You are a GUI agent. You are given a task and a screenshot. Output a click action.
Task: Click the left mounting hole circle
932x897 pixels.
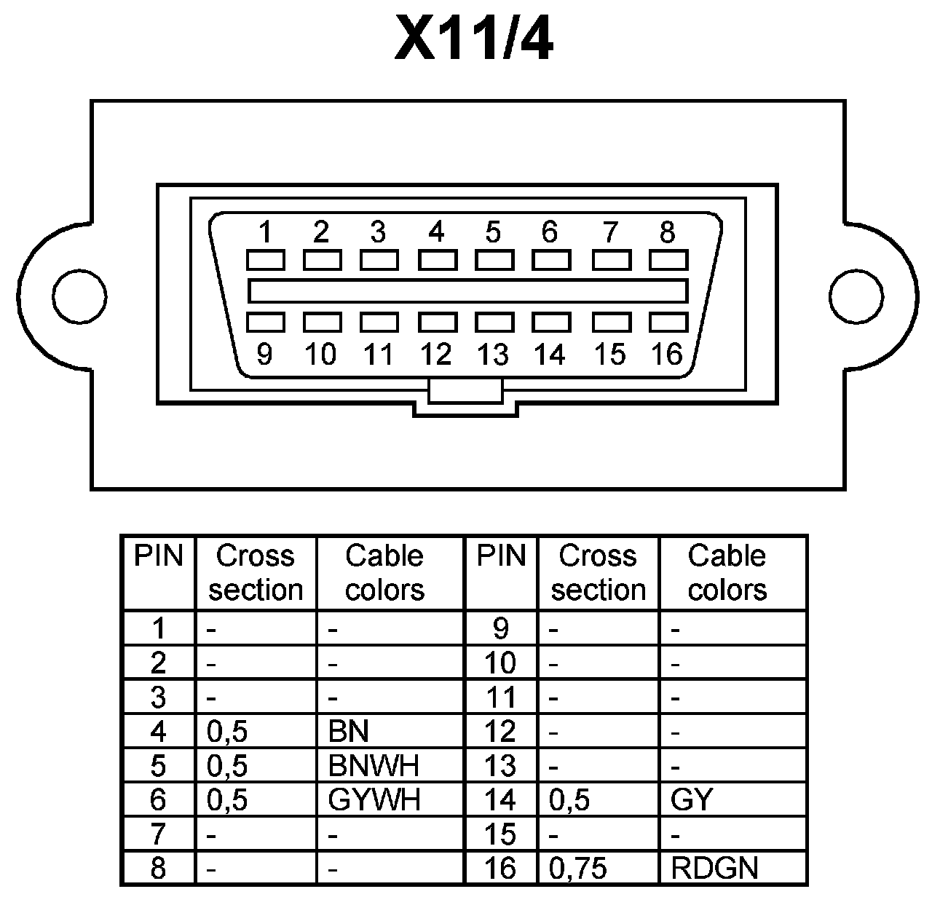point(79,296)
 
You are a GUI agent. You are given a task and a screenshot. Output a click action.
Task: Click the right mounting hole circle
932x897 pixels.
point(856,296)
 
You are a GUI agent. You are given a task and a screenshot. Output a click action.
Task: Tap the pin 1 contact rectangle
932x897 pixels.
point(265,260)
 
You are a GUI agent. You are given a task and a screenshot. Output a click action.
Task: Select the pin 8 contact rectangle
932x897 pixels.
point(668,260)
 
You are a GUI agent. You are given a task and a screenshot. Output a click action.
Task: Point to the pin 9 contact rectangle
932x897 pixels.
point(265,322)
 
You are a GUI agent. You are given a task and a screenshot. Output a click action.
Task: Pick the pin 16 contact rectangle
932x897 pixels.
point(668,322)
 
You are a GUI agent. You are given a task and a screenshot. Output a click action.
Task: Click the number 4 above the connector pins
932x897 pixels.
point(435,232)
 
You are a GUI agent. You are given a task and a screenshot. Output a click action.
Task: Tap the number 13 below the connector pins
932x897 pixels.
point(492,355)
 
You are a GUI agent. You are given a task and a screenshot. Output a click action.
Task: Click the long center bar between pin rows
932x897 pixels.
point(467,291)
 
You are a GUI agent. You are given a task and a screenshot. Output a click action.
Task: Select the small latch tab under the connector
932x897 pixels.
point(465,390)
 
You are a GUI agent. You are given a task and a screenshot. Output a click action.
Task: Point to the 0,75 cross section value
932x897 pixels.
point(578,868)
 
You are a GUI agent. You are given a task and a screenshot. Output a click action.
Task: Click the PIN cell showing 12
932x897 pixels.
point(500,731)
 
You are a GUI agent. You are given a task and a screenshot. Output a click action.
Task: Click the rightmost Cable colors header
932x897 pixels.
point(727,572)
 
